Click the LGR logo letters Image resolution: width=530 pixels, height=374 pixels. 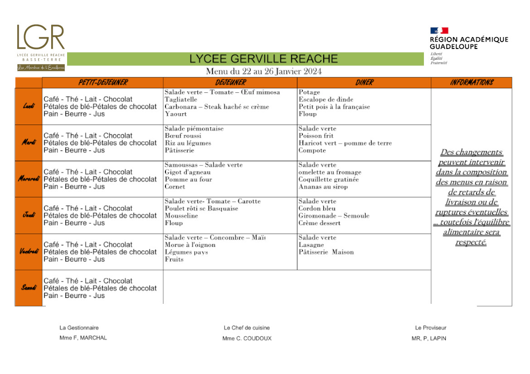tap(41, 37)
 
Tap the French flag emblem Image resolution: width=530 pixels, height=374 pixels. tap(439, 31)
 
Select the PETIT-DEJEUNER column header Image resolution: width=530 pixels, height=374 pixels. tap(103, 82)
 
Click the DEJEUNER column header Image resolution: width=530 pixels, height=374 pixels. tap(230, 82)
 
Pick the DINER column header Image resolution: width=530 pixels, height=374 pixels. tap(364, 82)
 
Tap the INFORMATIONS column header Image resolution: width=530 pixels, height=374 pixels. tap(472, 82)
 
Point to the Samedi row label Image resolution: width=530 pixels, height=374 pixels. tap(29, 288)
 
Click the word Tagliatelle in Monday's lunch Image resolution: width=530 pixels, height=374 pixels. tap(181, 100)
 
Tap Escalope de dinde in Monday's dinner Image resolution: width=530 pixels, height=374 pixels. tap(326, 100)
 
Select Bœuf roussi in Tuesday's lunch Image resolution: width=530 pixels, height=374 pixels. tap(183, 136)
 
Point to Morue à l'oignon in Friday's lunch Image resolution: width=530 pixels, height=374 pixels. tap(190, 245)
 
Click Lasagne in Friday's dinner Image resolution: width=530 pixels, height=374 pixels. tap(311, 245)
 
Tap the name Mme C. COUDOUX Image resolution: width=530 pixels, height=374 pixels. tap(247, 338)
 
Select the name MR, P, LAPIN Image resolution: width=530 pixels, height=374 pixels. tap(428, 338)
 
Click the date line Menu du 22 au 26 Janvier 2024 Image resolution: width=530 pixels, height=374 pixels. tap(264, 72)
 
